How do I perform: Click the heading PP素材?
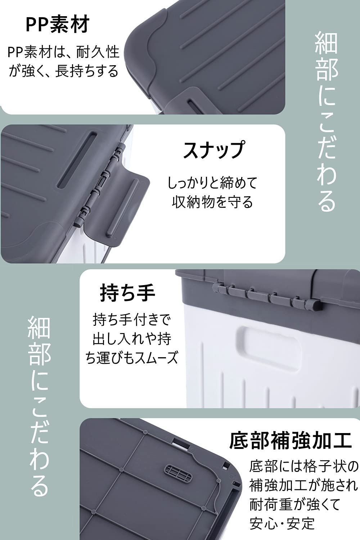57,24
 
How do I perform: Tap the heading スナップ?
214,150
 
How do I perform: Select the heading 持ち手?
127,293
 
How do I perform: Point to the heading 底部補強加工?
290,441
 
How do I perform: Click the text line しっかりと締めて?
212,183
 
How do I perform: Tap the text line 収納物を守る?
212,202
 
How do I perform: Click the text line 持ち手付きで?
132,320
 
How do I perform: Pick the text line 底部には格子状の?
304,467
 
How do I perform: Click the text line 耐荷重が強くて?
294,504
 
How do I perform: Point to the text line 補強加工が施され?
304,485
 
